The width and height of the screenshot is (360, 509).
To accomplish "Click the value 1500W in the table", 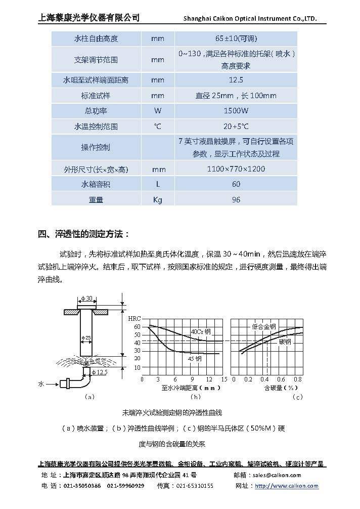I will click(x=236, y=111).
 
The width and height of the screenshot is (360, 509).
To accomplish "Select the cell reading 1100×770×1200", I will click(x=236, y=168).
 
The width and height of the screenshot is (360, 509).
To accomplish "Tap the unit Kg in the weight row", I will click(x=157, y=199).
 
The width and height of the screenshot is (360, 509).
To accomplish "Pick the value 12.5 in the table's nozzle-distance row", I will click(x=236, y=80).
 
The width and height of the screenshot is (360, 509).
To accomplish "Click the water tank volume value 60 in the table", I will click(x=236, y=184).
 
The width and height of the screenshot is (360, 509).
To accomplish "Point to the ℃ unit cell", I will click(x=157, y=126).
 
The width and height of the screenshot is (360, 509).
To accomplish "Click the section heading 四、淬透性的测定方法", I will click(x=84, y=234).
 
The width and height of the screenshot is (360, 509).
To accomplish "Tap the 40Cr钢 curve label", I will click(x=200, y=332).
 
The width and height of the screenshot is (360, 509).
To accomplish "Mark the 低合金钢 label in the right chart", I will click(x=263, y=327).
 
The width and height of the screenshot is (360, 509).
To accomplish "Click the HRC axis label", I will click(x=134, y=318).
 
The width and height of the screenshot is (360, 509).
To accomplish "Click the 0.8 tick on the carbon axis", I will click(x=297, y=379).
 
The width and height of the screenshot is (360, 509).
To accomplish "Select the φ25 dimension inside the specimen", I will click(x=86, y=337).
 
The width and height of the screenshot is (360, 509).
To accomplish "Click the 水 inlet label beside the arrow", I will click(x=41, y=385).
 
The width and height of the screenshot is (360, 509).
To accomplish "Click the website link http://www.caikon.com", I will click(x=286, y=486).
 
